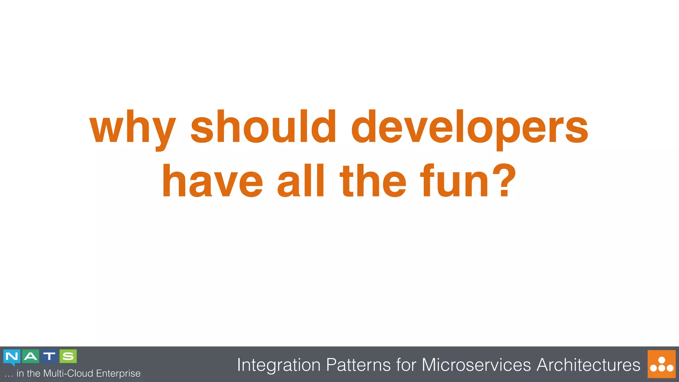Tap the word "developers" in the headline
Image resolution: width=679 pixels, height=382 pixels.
(x=469, y=128)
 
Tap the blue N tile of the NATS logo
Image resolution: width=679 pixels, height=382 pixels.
(x=12, y=356)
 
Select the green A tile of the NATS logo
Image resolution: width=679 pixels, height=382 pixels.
(x=31, y=356)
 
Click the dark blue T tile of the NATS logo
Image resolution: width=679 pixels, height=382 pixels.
(x=49, y=356)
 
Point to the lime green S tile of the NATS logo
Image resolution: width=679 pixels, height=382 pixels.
(x=68, y=356)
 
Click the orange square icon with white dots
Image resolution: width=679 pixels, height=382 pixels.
(x=661, y=364)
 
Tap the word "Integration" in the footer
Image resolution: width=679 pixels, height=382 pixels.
(x=279, y=365)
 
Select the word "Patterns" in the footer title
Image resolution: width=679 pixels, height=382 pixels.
(x=358, y=365)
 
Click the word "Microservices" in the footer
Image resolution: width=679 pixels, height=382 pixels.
(x=476, y=365)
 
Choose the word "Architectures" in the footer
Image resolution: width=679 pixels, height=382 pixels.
(x=588, y=365)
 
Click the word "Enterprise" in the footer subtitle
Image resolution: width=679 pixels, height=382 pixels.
(x=118, y=373)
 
